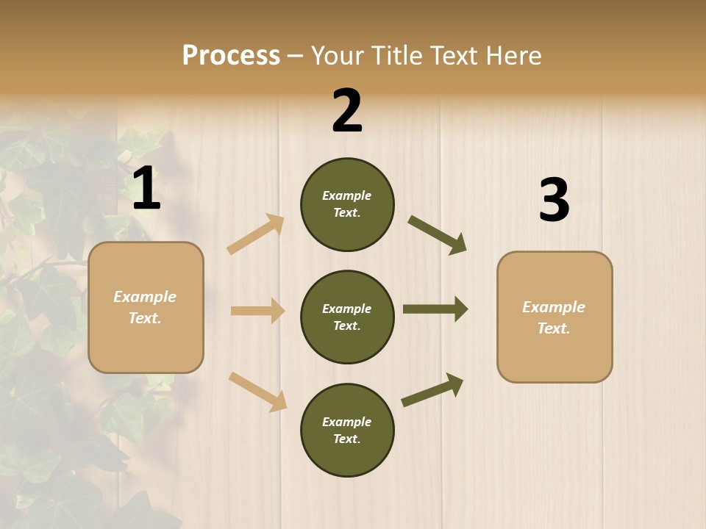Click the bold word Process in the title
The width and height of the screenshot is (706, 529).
pos(231,56)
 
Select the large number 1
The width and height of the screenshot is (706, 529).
pos(146,189)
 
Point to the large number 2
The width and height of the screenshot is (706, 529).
pos(347,111)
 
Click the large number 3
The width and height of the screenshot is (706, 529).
pos(554,201)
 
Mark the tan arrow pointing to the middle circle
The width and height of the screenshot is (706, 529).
pos(257,311)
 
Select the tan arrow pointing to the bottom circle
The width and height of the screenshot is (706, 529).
pos(257,392)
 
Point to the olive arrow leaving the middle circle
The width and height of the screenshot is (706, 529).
pos(435,309)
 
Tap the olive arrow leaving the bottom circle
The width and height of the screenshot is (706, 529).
pos(432,389)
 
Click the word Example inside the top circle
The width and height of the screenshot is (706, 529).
pos(346,195)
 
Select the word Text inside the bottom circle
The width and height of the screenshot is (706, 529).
pos(346,439)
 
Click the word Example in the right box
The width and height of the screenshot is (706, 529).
pos(554,307)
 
